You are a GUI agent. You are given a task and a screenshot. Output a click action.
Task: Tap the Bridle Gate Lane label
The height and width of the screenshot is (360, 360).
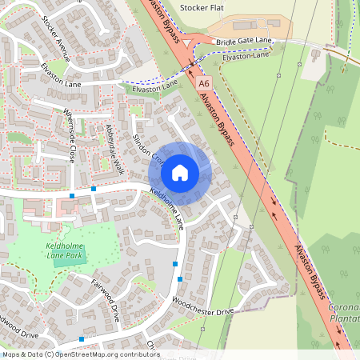pos(244,39)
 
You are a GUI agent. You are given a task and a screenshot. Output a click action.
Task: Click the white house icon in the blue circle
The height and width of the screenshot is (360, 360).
pos(180,172)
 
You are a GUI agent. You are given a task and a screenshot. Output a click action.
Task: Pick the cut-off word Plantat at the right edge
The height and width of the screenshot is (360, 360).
pos(344,318)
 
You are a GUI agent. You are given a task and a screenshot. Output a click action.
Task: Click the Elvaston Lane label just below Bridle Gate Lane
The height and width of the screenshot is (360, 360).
pos(247,58)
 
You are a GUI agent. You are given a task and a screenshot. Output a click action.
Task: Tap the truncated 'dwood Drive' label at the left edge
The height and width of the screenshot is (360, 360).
pos(18,333)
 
